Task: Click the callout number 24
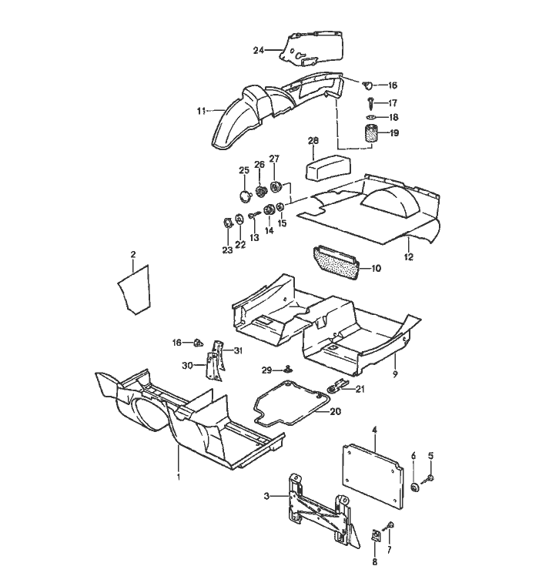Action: click(x=258, y=50)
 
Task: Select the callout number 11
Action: click(x=200, y=111)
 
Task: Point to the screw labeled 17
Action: click(x=371, y=102)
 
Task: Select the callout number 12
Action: click(x=408, y=256)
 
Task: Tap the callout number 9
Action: click(x=395, y=375)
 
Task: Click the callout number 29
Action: click(x=266, y=371)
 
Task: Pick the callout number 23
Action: click(x=226, y=249)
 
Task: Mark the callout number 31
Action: click(x=238, y=351)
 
